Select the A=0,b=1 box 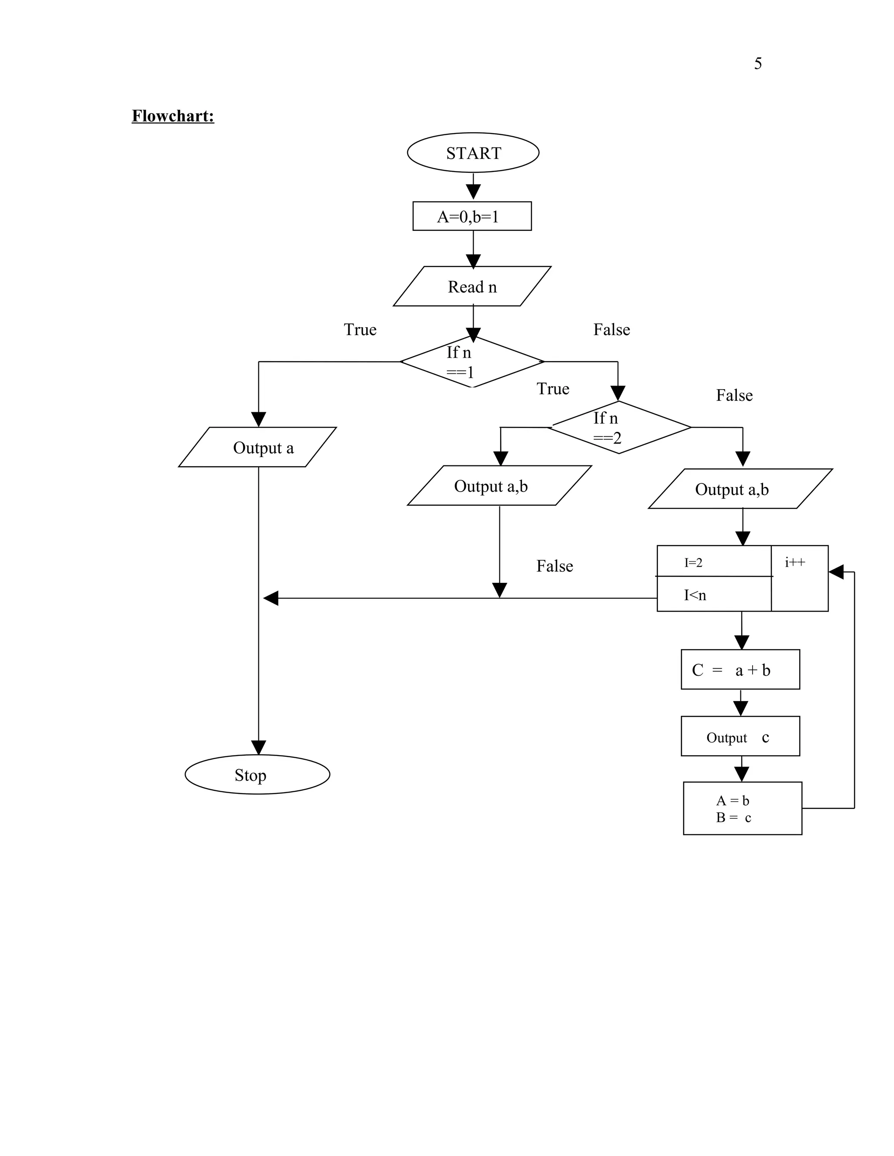471,216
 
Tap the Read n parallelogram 472,286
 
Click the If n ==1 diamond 472,362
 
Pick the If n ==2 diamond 619,428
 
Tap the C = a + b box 740,670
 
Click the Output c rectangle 740,736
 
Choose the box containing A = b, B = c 742,808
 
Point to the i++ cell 799,578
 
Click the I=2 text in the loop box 693,563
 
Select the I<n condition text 695,595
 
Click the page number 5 757,64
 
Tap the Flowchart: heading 173,116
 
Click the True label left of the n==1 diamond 360,330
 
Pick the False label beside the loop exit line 554,566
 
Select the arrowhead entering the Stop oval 258,747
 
